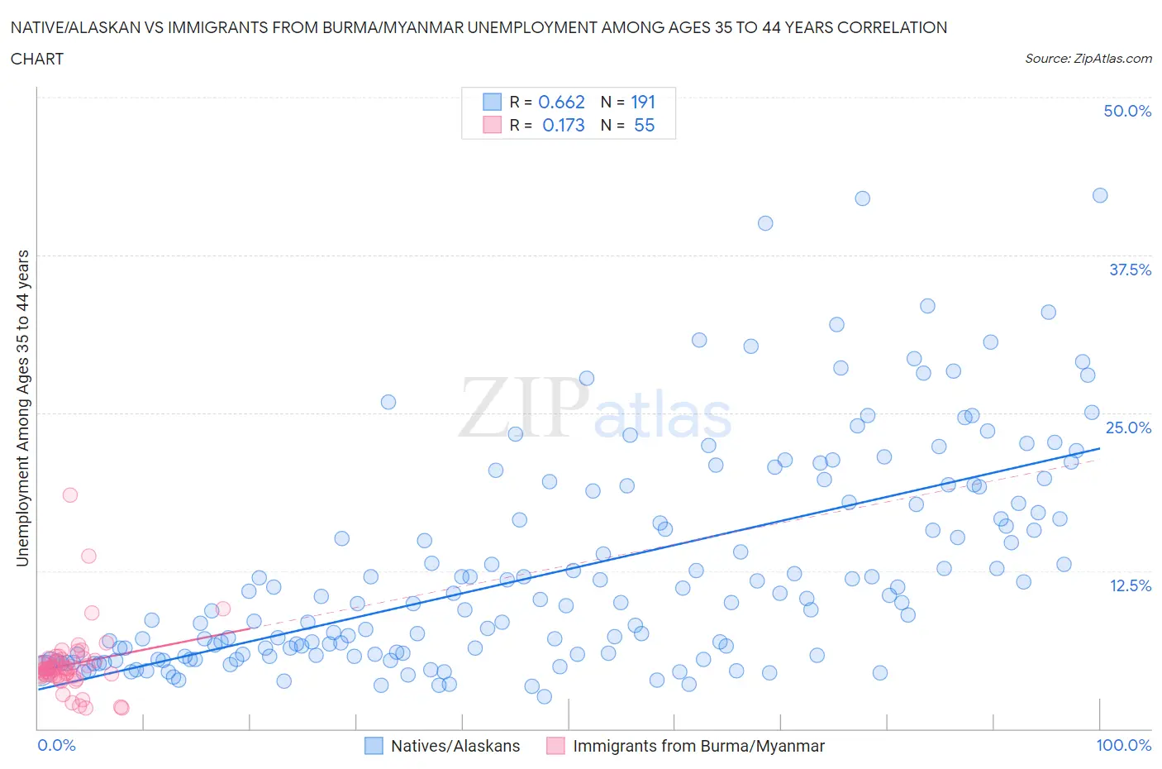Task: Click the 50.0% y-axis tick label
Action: pyautogui.click(x=1127, y=111)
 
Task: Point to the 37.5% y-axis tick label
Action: pyautogui.click(x=1130, y=270)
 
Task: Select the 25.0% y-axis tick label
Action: pyautogui.click(x=1128, y=427)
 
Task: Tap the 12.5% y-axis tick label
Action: pyautogui.click(x=1130, y=585)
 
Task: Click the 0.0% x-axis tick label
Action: pyautogui.click(x=57, y=745)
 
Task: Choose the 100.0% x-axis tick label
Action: pyautogui.click(x=1123, y=745)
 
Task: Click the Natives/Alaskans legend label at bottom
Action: pyautogui.click(x=455, y=746)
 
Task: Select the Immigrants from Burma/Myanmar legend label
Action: pyautogui.click(x=698, y=746)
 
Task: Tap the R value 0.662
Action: pyautogui.click(x=561, y=102)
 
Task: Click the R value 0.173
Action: pyautogui.click(x=563, y=125)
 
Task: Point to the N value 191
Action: pyautogui.click(x=642, y=102)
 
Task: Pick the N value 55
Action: pyautogui.click(x=644, y=125)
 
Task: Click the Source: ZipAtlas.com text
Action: pyautogui.click(x=1088, y=59)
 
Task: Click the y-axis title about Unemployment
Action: pyautogui.click(x=22, y=408)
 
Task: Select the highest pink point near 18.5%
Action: pyautogui.click(x=70, y=494)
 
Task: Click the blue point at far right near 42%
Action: pyautogui.click(x=1100, y=195)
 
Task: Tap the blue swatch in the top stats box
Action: pyautogui.click(x=492, y=102)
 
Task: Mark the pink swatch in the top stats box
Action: pyautogui.click(x=492, y=125)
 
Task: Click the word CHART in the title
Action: pyautogui.click(x=37, y=59)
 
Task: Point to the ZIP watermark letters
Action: pyautogui.click(x=521, y=407)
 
